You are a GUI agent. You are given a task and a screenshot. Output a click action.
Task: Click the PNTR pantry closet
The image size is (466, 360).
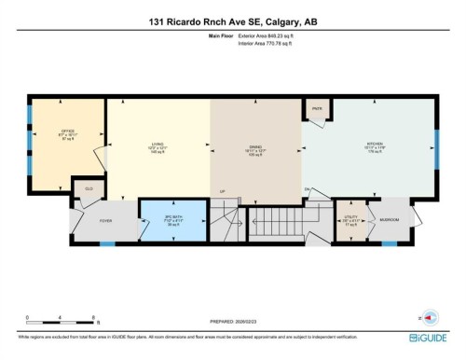click(316, 109)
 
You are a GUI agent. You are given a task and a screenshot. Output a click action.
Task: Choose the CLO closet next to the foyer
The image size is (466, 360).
click(89, 187)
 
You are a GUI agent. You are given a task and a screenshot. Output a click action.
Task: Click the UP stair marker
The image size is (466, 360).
click(222, 192)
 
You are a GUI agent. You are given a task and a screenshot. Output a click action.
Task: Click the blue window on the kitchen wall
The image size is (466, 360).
click(436, 146)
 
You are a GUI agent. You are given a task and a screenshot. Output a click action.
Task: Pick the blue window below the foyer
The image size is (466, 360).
click(107, 243)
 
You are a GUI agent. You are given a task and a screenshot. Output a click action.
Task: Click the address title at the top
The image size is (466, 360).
click(232, 22)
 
